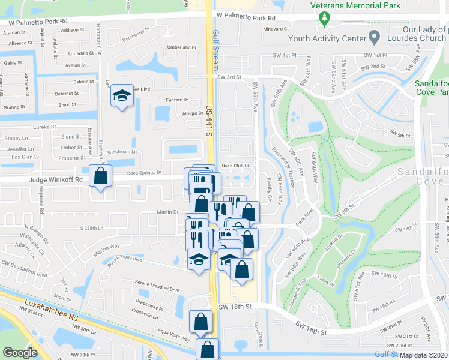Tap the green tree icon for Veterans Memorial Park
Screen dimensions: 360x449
point(325,19)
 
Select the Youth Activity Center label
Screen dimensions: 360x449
point(327,38)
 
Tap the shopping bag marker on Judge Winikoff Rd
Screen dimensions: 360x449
point(100,176)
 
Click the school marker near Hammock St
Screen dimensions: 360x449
point(122,95)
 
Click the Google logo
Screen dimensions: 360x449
point(20,353)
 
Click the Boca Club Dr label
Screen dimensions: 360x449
point(235,166)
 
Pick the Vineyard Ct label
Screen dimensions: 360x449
point(277,29)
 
